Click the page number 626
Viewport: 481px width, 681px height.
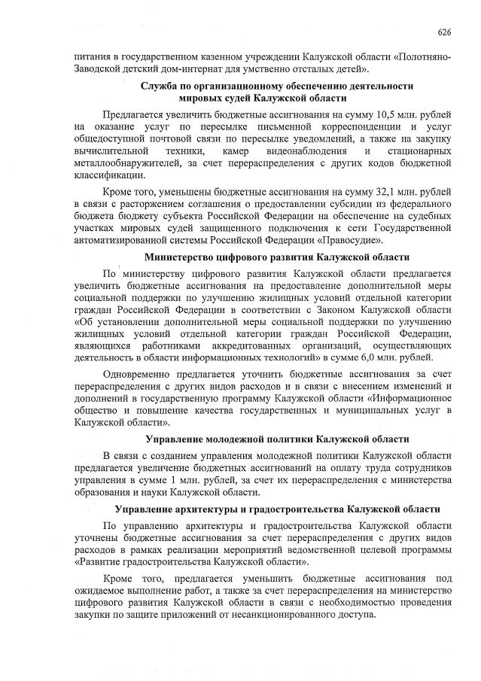coord(444,32)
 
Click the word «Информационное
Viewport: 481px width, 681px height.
coord(409,398)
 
